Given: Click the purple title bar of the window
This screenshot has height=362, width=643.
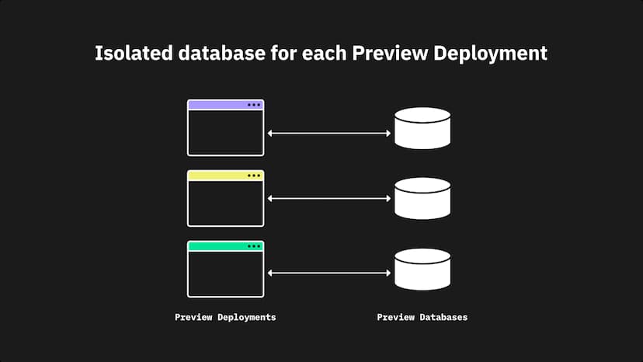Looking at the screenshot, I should pyautogui.click(x=217, y=105).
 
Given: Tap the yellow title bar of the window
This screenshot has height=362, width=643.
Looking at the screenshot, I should pyautogui.click(x=217, y=176).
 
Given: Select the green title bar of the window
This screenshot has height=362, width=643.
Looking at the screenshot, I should pyautogui.click(x=217, y=246).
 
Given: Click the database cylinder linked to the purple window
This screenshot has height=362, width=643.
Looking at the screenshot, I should pyautogui.click(x=422, y=128).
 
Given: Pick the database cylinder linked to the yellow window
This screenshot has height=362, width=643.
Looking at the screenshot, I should pyautogui.click(x=422, y=199).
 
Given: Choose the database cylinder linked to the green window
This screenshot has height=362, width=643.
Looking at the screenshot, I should pyautogui.click(x=422, y=270).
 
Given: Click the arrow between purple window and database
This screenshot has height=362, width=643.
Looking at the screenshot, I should pyautogui.click(x=328, y=134).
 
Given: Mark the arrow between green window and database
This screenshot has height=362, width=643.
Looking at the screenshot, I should pyautogui.click(x=328, y=273).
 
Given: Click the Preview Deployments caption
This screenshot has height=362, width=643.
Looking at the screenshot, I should pyautogui.click(x=225, y=318).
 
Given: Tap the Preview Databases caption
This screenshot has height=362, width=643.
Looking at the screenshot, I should pyautogui.click(x=422, y=318).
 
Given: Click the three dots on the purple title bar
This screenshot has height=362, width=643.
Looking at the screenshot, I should pyautogui.click(x=254, y=105).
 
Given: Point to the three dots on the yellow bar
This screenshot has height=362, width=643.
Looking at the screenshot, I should pyautogui.click(x=254, y=176).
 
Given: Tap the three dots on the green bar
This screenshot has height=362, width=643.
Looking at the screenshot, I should pyautogui.click(x=254, y=246).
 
